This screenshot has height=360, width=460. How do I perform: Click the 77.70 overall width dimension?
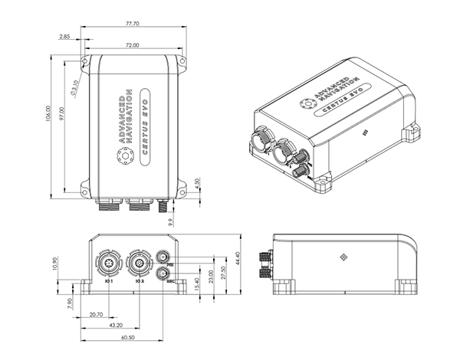coord(134,25)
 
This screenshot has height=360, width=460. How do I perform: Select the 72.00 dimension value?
coord(132,46)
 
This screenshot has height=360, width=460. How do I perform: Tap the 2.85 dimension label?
coord(64,36)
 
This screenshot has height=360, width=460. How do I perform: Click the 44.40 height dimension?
coord(238,261)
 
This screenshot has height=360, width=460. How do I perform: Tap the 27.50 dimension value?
coord(222,273)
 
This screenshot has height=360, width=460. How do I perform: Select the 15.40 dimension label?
coord(197,284)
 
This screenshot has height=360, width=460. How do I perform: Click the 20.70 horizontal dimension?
coord(96,315)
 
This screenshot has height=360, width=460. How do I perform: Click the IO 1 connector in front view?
coord(107,264)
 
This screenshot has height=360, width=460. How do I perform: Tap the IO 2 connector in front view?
coord(139,264)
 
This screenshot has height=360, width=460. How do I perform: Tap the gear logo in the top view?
coord(123,156)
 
